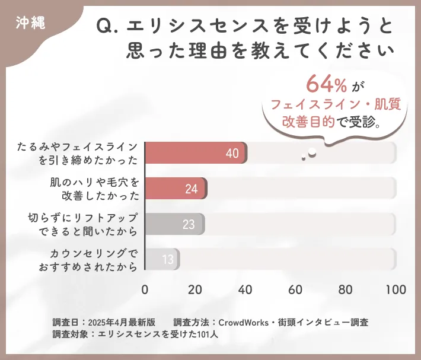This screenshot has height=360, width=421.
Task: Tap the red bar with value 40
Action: click(x=196, y=153)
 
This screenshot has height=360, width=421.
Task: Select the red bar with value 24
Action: click(x=176, y=189)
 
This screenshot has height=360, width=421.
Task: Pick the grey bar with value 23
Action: click(x=174, y=224)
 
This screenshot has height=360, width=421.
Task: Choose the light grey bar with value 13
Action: click(x=161, y=259)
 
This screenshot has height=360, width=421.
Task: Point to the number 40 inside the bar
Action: click(x=232, y=154)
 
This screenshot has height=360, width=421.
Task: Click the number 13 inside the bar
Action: click(x=167, y=259)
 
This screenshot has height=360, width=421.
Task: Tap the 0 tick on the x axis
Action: click(x=145, y=290)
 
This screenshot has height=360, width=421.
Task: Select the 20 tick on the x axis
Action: click(x=195, y=290)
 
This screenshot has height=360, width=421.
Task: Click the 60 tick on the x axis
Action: click(x=295, y=290)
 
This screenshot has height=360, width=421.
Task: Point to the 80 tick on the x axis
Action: click(x=345, y=290)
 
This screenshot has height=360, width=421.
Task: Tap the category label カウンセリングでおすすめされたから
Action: click(x=88, y=259)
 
